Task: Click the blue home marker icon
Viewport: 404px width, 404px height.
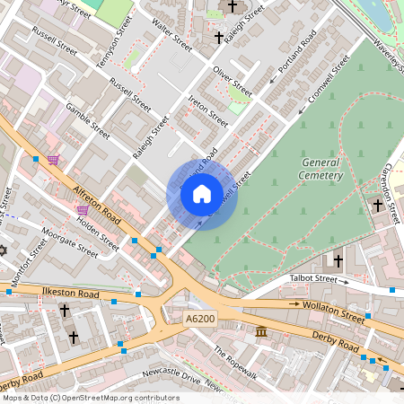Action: coord(202,193)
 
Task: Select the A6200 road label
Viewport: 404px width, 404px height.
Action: coord(202,320)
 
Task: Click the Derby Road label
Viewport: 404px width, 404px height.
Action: coord(337,342)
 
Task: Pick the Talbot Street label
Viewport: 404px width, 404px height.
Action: coord(312,279)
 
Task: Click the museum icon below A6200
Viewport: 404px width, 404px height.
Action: coord(261,333)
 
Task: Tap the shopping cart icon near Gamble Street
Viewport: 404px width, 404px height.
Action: coord(54,160)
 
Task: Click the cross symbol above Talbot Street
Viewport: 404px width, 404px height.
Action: coord(338,261)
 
